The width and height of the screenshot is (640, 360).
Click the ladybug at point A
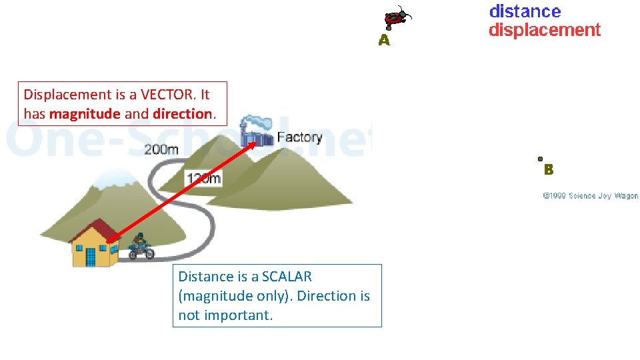397,17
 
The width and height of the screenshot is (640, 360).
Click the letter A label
384,41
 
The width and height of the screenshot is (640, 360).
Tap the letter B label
549,170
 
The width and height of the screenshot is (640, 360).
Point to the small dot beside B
540,159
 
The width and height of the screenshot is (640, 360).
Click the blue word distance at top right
525,11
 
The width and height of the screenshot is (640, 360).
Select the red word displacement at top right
544,30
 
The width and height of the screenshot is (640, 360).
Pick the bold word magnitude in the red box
85,114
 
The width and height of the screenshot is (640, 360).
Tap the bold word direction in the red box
182,114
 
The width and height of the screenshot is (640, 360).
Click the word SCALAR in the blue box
287,277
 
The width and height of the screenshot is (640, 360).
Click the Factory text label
299,137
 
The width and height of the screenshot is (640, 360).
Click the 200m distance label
161,149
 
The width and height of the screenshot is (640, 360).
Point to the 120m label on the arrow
203,178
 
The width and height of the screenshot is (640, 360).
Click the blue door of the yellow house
91,256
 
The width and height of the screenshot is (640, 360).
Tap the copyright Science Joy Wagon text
590,196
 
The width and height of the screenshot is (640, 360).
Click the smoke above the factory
257,123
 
